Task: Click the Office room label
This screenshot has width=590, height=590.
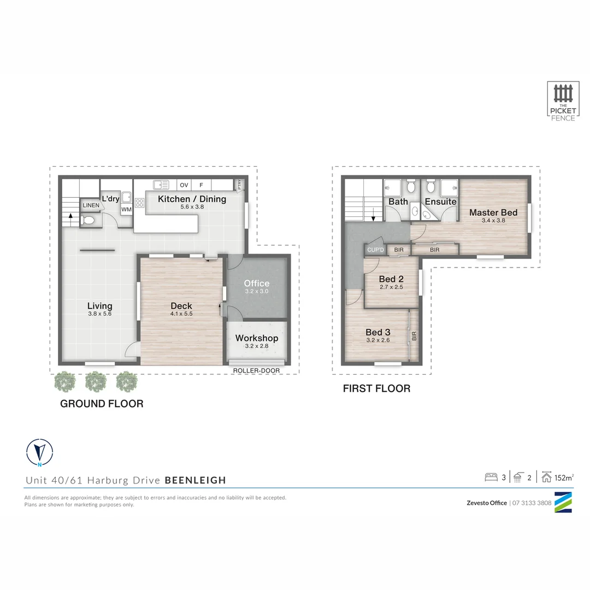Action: [257, 283]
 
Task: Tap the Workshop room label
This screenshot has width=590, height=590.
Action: [257, 338]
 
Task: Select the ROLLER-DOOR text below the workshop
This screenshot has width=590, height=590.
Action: [256, 370]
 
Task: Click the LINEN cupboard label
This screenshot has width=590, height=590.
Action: [91, 205]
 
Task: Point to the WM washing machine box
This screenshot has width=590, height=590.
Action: [126, 209]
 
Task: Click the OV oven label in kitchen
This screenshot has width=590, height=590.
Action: [184, 185]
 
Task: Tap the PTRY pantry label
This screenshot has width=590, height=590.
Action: [239, 185]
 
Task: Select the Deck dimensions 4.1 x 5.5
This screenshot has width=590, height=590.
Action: [181, 314]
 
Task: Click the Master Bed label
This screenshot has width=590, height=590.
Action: [493, 213]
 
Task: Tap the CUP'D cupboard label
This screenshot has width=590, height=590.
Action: [375, 250]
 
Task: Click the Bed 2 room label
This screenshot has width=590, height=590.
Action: [391, 279]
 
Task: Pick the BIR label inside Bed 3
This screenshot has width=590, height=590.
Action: [414, 335]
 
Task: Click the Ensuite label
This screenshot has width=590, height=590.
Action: [440, 202]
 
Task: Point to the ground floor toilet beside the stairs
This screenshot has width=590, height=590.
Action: [88, 221]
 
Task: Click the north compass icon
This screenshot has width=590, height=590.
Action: [39, 452]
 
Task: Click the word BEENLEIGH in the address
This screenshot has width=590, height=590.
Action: [195, 481]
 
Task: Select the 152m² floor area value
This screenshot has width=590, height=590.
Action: [564, 477]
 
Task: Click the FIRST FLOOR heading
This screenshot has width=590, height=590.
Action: [376, 389]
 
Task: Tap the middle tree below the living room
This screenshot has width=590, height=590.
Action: [96, 381]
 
